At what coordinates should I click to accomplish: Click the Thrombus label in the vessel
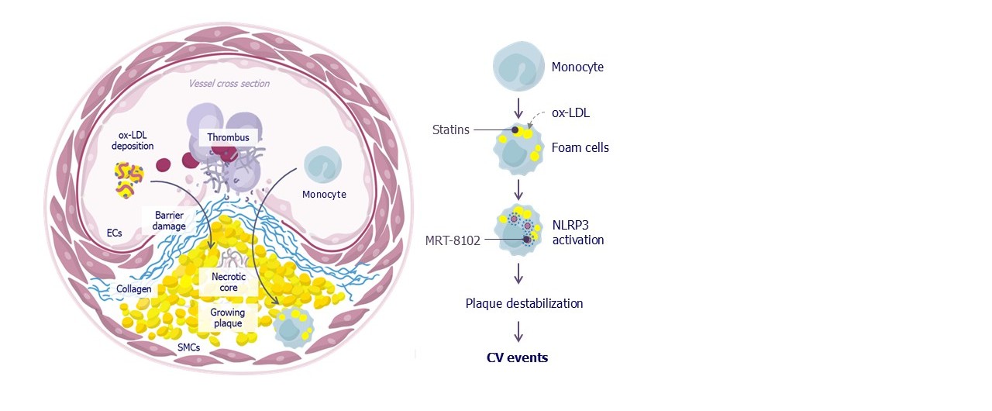(228, 137)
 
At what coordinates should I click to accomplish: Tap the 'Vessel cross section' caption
(229, 84)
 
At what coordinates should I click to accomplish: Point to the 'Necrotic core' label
(228, 281)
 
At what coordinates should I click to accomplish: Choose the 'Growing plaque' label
(228, 317)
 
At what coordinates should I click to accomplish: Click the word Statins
(450, 130)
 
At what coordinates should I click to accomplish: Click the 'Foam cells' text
(580, 147)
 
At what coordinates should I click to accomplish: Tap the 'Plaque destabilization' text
(524, 303)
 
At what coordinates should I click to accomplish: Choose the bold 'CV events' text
(517, 357)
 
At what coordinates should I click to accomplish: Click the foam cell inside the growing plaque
(293, 326)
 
